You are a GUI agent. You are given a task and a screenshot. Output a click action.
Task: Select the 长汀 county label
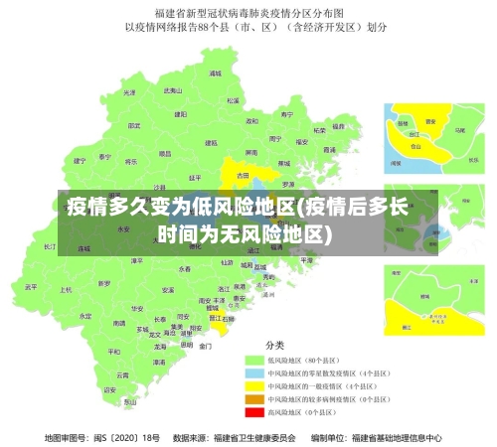51,245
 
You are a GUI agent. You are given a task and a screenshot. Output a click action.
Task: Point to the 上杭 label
66,290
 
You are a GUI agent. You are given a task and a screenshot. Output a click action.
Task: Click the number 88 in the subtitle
212,28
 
